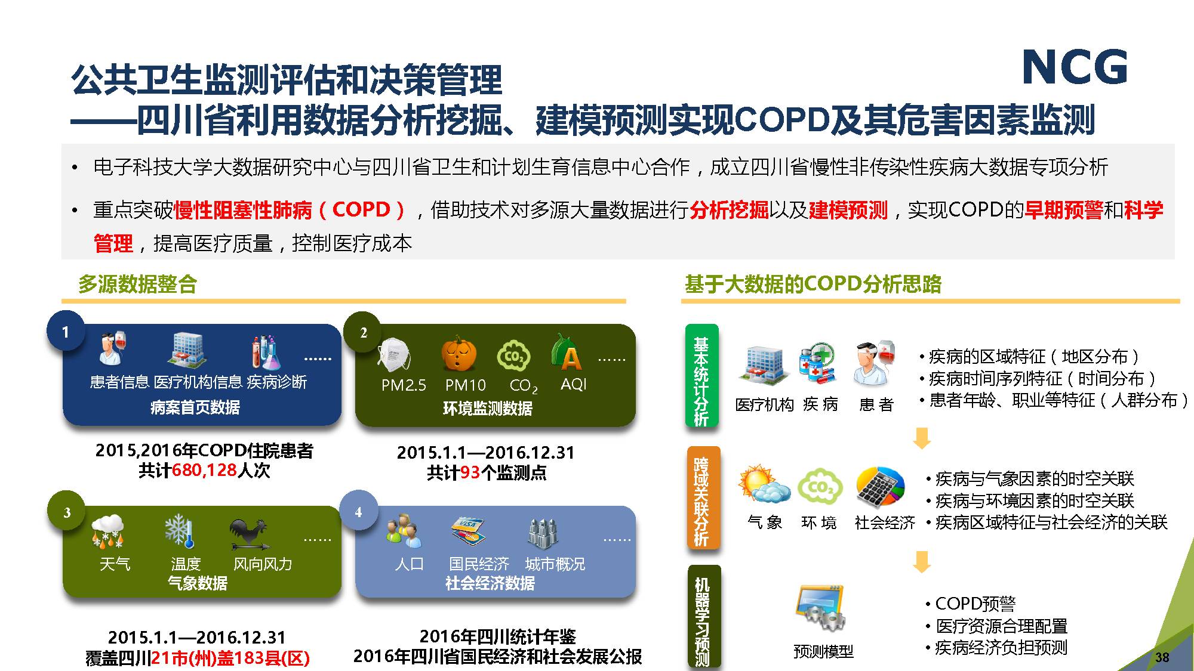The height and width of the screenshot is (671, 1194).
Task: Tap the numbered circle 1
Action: (66, 332)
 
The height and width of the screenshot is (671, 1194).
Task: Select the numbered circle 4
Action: (358, 511)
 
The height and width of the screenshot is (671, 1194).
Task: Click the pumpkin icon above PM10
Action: (459, 353)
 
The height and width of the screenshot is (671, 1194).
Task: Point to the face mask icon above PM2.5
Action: (393, 354)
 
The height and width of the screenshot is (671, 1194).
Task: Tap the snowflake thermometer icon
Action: (179, 531)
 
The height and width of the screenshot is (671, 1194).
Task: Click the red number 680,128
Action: (205, 471)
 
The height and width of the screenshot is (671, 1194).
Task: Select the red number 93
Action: (470, 473)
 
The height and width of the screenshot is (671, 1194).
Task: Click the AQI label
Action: (574, 385)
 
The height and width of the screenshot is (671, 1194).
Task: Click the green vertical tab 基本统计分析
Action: (701, 376)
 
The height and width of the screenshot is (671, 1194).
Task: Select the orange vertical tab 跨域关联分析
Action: (703, 498)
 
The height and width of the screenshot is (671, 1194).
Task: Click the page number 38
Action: (1162, 657)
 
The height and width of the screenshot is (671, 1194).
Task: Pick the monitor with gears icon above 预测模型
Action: (820, 608)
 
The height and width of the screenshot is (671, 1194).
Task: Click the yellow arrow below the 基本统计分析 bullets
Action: (922, 438)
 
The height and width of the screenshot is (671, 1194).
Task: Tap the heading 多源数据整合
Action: (137, 284)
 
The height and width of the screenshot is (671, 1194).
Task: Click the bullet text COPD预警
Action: (975, 604)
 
